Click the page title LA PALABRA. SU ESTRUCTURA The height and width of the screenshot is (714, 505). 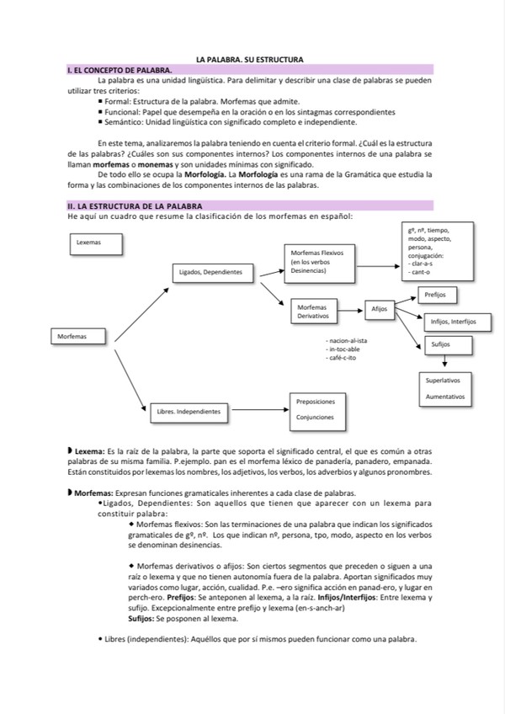[x=249, y=59]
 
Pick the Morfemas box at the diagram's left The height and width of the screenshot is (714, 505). [x=78, y=337]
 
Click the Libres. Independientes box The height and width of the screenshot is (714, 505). [x=189, y=412]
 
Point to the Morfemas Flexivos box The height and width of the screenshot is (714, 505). [x=322, y=262]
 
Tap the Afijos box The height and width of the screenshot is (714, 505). [x=380, y=309]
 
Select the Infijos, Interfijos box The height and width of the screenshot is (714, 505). [x=453, y=322]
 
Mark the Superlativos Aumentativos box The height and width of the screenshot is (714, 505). [x=446, y=387]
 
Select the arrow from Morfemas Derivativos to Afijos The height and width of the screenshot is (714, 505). [x=353, y=310]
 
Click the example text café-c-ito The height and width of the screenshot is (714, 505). [x=343, y=359]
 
